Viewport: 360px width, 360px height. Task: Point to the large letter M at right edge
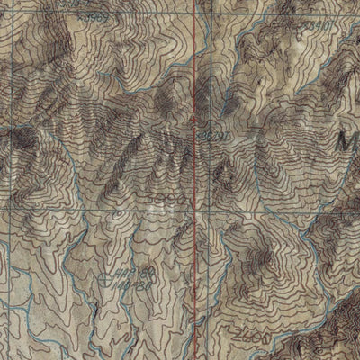[x=348, y=141]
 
